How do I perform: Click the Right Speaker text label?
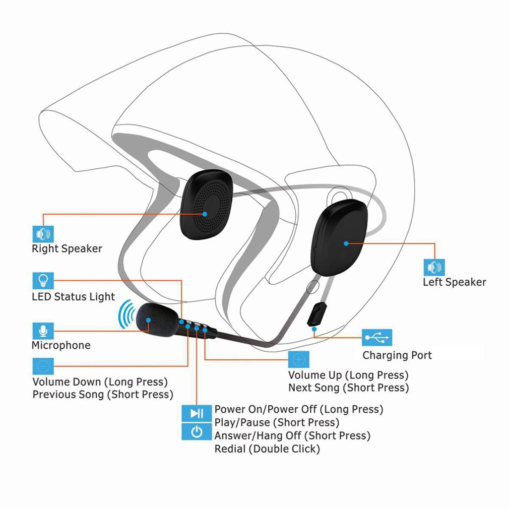click(67, 248)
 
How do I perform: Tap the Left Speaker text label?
click(455, 282)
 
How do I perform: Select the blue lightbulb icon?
click(43, 281)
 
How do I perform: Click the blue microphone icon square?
click(43, 331)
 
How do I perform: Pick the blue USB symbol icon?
click(377, 337)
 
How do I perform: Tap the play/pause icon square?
click(197, 413)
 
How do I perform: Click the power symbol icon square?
click(197, 432)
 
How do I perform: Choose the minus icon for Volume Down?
click(43, 366)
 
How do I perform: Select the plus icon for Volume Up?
click(299, 359)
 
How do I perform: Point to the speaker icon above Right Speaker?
click(43, 234)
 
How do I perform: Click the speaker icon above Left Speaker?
click(434, 268)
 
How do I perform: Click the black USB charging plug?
click(317, 314)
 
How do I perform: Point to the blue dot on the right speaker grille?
click(205, 214)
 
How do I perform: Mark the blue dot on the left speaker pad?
click(346, 243)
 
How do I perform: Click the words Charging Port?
click(397, 355)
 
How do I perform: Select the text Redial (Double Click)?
click(267, 449)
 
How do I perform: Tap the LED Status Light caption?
click(74, 297)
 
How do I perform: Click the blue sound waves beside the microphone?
click(126, 314)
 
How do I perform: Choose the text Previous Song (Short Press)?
click(103, 395)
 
